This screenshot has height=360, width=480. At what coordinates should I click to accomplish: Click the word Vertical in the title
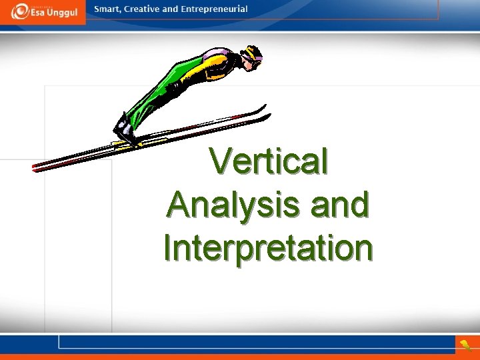269,161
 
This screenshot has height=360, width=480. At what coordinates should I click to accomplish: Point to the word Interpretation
268,247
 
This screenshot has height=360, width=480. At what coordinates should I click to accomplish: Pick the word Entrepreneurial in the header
216,9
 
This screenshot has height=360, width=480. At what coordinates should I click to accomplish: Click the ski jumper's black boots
125,131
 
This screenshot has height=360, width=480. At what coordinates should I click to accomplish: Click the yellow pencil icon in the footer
465,345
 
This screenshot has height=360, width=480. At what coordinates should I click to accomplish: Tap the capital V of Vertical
219,161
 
